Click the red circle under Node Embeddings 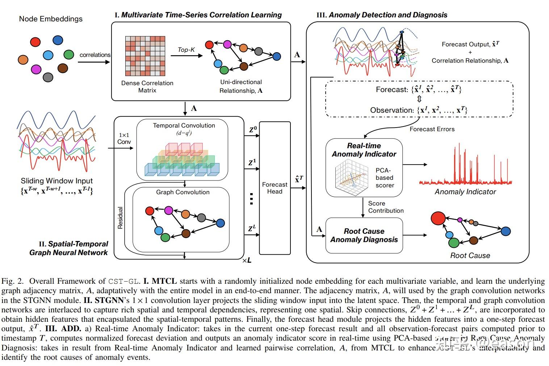(x=35, y=42)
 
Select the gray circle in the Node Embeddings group (x=48, y=77)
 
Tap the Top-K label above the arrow (x=186, y=50)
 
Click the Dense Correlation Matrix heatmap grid (x=145, y=56)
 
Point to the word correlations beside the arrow (x=95, y=55)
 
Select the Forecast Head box (x=275, y=188)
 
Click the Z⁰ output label (x=253, y=129)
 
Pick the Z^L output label (x=252, y=229)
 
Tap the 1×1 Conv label (x=124, y=138)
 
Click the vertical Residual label (x=120, y=217)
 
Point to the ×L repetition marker (x=247, y=260)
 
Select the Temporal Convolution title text (x=184, y=125)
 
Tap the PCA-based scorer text (x=384, y=178)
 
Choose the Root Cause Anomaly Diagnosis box (x=364, y=235)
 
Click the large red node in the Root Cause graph (x=438, y=218)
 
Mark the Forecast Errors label (x=432, y=129)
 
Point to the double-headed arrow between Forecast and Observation (x=419, y=99)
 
